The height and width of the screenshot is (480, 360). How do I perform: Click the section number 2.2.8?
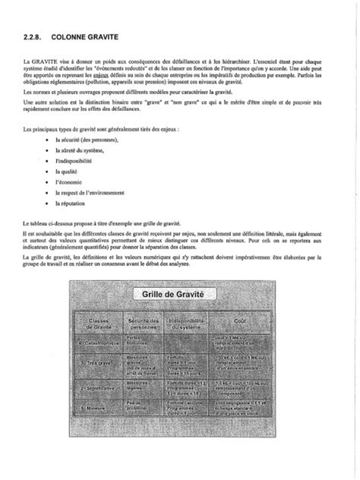point(34,35)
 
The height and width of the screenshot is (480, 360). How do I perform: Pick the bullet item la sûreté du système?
point(81,151)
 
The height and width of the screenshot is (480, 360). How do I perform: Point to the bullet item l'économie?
point(69,183)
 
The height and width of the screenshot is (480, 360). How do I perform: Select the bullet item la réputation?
point(72,204)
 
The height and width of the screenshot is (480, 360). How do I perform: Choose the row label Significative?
point(99,387)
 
